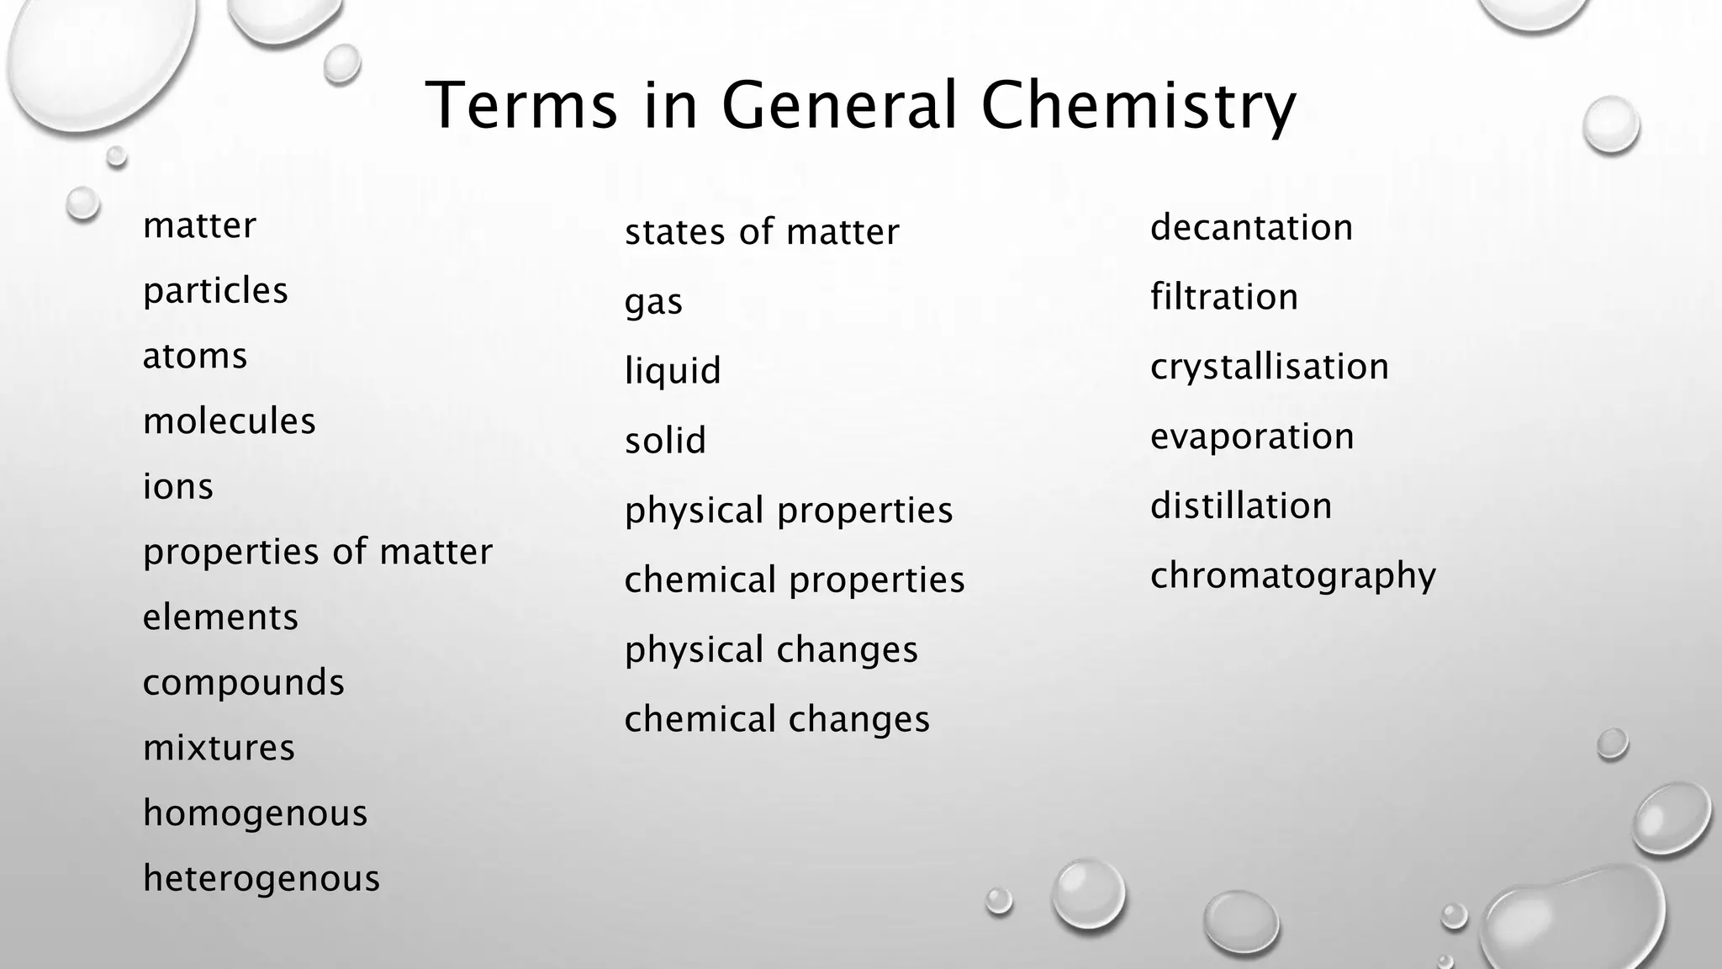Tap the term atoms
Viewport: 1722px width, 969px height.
click(195, 356)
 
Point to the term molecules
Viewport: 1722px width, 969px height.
click(230, 421)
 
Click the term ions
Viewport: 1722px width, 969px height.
click(178, 486)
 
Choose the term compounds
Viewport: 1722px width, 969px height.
click(244, 682)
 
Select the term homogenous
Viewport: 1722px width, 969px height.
click(256, 813)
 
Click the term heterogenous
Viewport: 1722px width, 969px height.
click(261, 878)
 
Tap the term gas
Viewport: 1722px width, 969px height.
click(653, 302)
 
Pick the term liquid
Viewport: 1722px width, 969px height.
click(673, 370)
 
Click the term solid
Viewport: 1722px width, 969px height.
click(665, 440)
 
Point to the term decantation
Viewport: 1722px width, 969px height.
click(1251, 227)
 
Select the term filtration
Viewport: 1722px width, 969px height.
click(1224, 297)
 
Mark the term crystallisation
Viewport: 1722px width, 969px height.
click(1270, 367)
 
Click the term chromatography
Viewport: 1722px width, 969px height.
click(1293, 576)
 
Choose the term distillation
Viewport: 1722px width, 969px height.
click(1241, 506)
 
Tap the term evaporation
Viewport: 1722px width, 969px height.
click(1252, 437)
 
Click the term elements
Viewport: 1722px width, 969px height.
click(220, 617)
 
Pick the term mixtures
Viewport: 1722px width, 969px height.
click(219, 748)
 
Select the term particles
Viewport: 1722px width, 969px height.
click(215, 291)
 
